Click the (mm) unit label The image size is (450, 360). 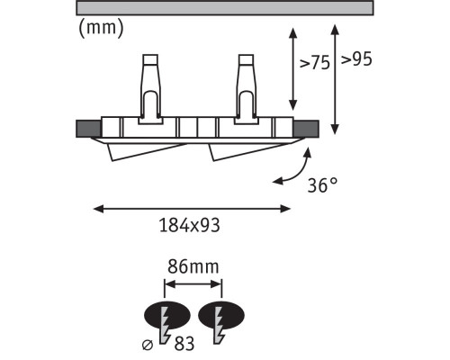(x=101, y=29)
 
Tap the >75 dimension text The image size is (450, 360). (x=315, y=63)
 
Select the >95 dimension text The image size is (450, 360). (x=356, y=59)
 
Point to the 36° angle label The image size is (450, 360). (x=322, y=185)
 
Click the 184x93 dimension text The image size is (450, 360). (x=189, y=225)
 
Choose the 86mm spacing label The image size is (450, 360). (x=193, y=266)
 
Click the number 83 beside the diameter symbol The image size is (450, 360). (x=184, y=344)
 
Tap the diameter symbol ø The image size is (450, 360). (x=148, y=346)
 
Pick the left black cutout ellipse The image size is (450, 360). (x=167, y=315)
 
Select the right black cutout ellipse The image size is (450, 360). (x=221, y=315)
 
